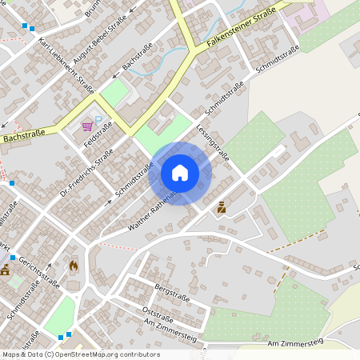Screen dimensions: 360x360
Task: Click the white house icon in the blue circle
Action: (179, 173)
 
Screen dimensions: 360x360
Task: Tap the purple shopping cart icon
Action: (87, 126)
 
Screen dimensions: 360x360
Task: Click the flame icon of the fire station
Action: (74, 264)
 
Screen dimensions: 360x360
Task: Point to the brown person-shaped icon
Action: (222, 207)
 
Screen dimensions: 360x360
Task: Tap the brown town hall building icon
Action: (5, 270)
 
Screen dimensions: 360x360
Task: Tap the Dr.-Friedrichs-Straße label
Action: (86, 173)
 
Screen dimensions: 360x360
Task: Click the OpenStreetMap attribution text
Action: (80, 354)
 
